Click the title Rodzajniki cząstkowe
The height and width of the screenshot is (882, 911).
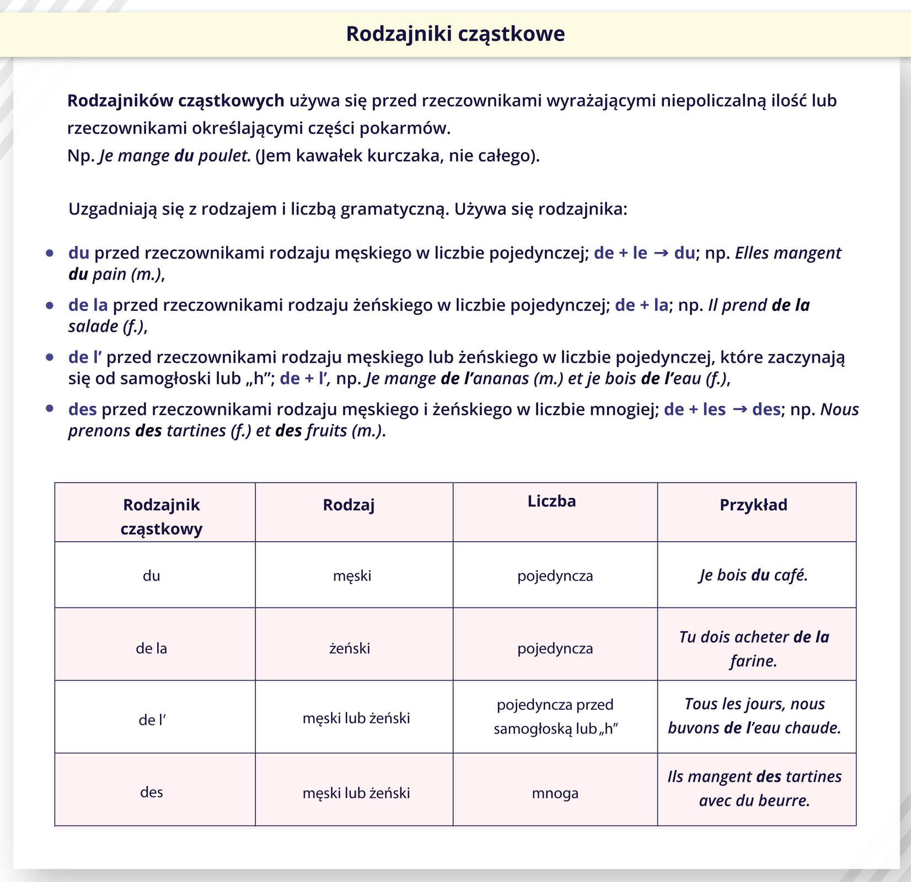455,34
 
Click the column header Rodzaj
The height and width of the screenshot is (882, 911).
349,505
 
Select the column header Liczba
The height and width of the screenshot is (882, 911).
551,501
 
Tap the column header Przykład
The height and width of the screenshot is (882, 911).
753,505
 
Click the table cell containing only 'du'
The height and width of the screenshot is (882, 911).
151,576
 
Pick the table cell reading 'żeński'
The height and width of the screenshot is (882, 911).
349,648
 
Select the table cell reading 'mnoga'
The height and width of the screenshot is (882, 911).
555,794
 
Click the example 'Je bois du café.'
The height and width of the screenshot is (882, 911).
753,576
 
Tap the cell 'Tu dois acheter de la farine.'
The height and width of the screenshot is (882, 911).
753,648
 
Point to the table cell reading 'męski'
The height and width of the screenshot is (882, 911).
352,576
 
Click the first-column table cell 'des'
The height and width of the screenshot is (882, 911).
151,793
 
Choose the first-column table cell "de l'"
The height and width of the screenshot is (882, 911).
152,720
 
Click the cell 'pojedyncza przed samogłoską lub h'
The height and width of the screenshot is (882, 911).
555,717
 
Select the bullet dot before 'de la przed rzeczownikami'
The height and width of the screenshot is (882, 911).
50,305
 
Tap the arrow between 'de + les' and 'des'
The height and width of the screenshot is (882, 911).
739,410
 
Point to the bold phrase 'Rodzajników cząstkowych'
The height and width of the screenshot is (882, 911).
175,101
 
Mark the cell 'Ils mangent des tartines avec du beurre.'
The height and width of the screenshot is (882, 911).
754,788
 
